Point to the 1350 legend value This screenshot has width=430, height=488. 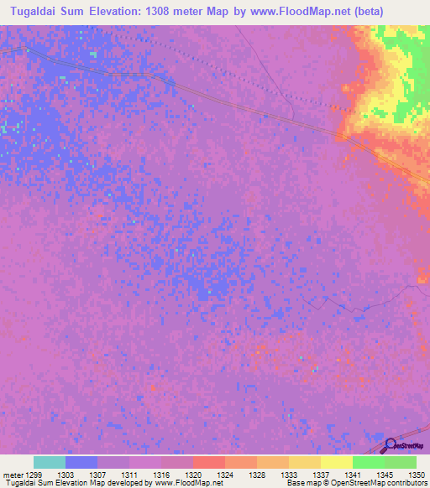417,475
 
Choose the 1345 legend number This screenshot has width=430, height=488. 385,475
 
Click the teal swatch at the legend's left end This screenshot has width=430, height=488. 50,462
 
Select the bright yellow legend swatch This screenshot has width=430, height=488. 336,462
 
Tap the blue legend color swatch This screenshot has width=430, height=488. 81,462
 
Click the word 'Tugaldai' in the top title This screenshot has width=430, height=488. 43,12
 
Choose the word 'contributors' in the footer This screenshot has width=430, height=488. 406,483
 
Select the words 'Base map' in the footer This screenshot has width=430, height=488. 300,483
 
